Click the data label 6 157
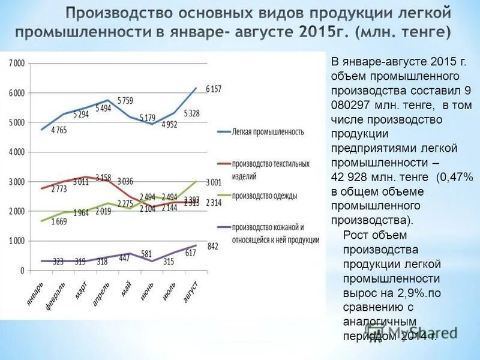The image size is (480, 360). (x=214, y=89)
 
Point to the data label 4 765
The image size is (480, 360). (x=59, y=130)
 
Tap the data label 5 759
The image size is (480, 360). (x=125, y=100)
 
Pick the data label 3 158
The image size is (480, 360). (x=103, y=178)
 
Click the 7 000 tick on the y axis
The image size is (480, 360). (x=16, y=64)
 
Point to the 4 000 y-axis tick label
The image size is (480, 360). (x=16, y=152)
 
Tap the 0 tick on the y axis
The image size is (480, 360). (x=22, y=271)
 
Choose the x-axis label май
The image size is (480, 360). (x=126, y=289)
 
